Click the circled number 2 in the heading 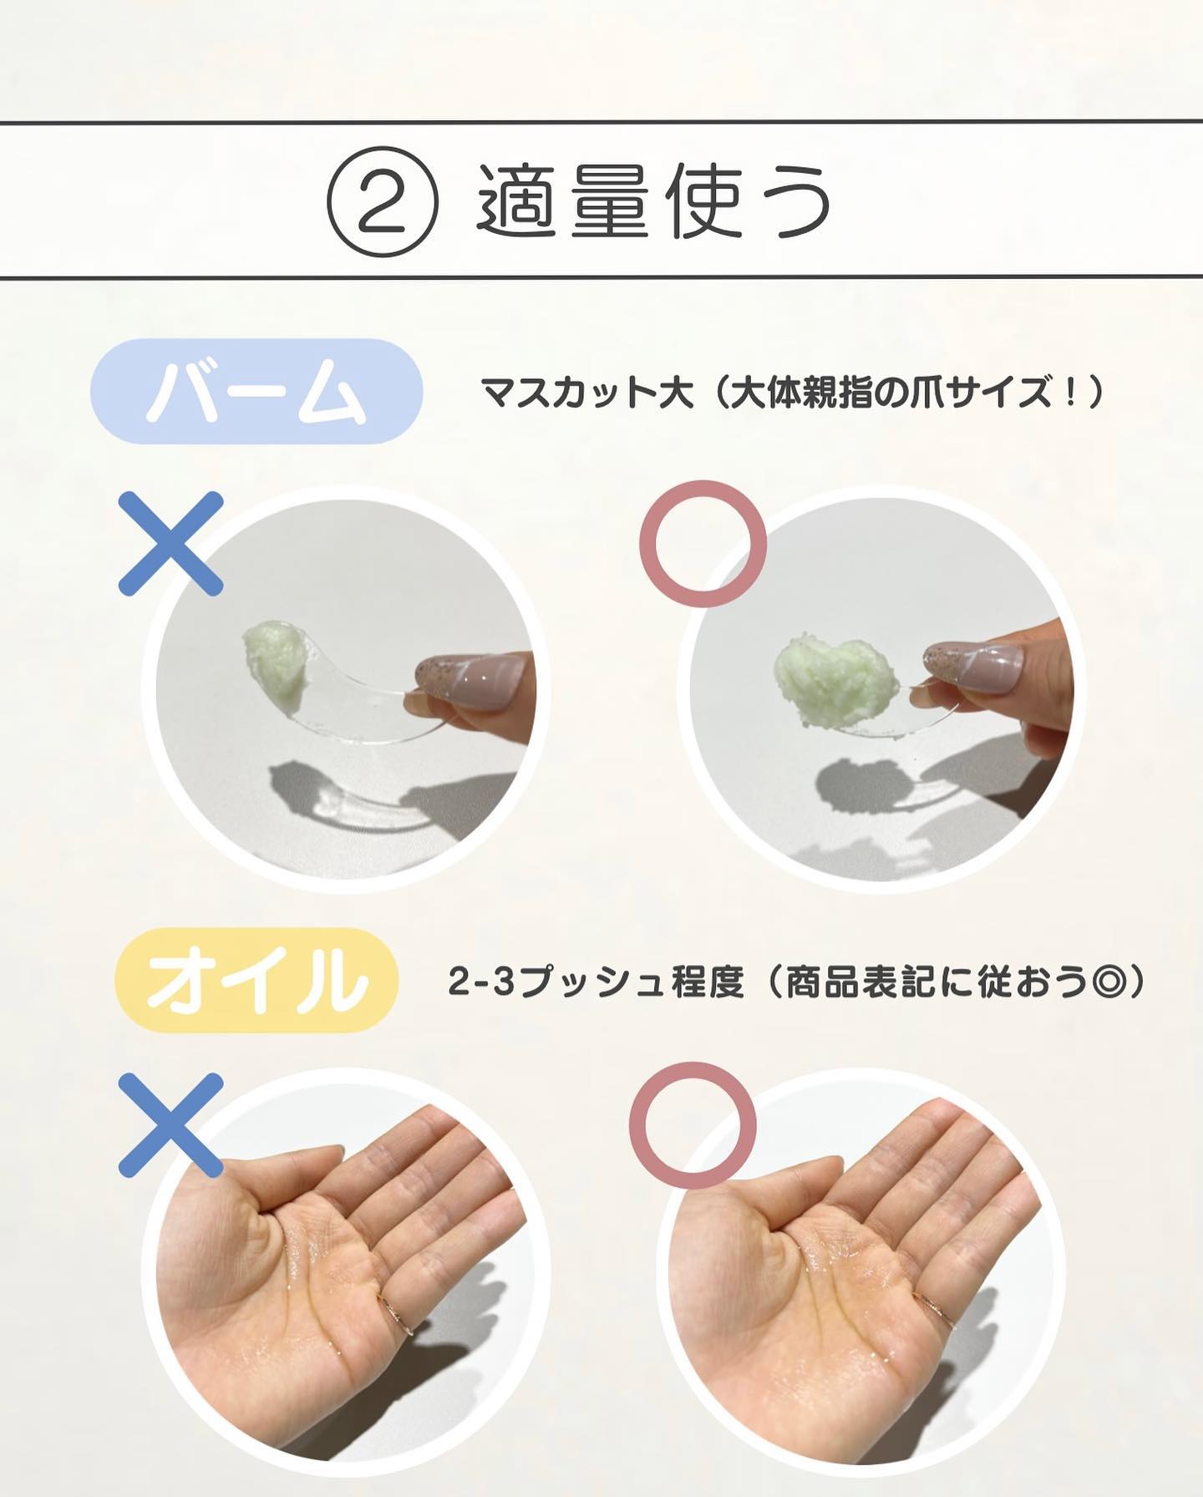point(382,202)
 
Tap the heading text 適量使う point(653,201)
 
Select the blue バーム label point(256,391)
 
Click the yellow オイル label point(256,979)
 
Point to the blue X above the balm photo point(171,543)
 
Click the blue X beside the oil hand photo point(171,1125)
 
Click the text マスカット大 point(586,391)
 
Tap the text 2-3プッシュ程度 point(596,982)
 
